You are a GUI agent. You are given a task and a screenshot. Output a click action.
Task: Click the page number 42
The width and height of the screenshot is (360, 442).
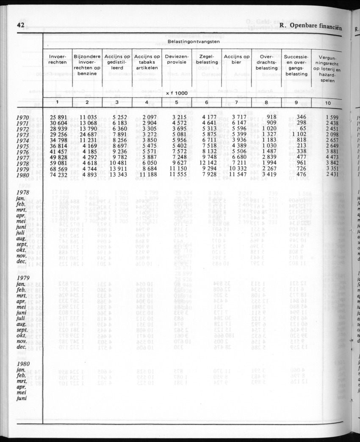coord(20,25)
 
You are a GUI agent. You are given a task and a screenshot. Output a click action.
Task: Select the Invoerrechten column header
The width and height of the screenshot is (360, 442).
coord(58,59)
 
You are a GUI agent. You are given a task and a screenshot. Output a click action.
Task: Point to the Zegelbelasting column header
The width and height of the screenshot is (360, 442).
coord(206,59)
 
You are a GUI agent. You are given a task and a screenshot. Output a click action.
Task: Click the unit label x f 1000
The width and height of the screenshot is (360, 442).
coord(177,93)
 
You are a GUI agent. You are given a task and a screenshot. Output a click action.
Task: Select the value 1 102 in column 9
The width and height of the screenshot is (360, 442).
coord(295,134)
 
